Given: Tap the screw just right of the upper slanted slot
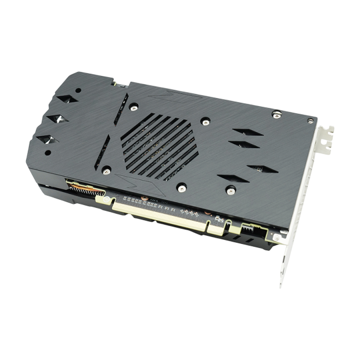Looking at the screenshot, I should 204,123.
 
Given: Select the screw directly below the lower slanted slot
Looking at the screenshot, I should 182,188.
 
